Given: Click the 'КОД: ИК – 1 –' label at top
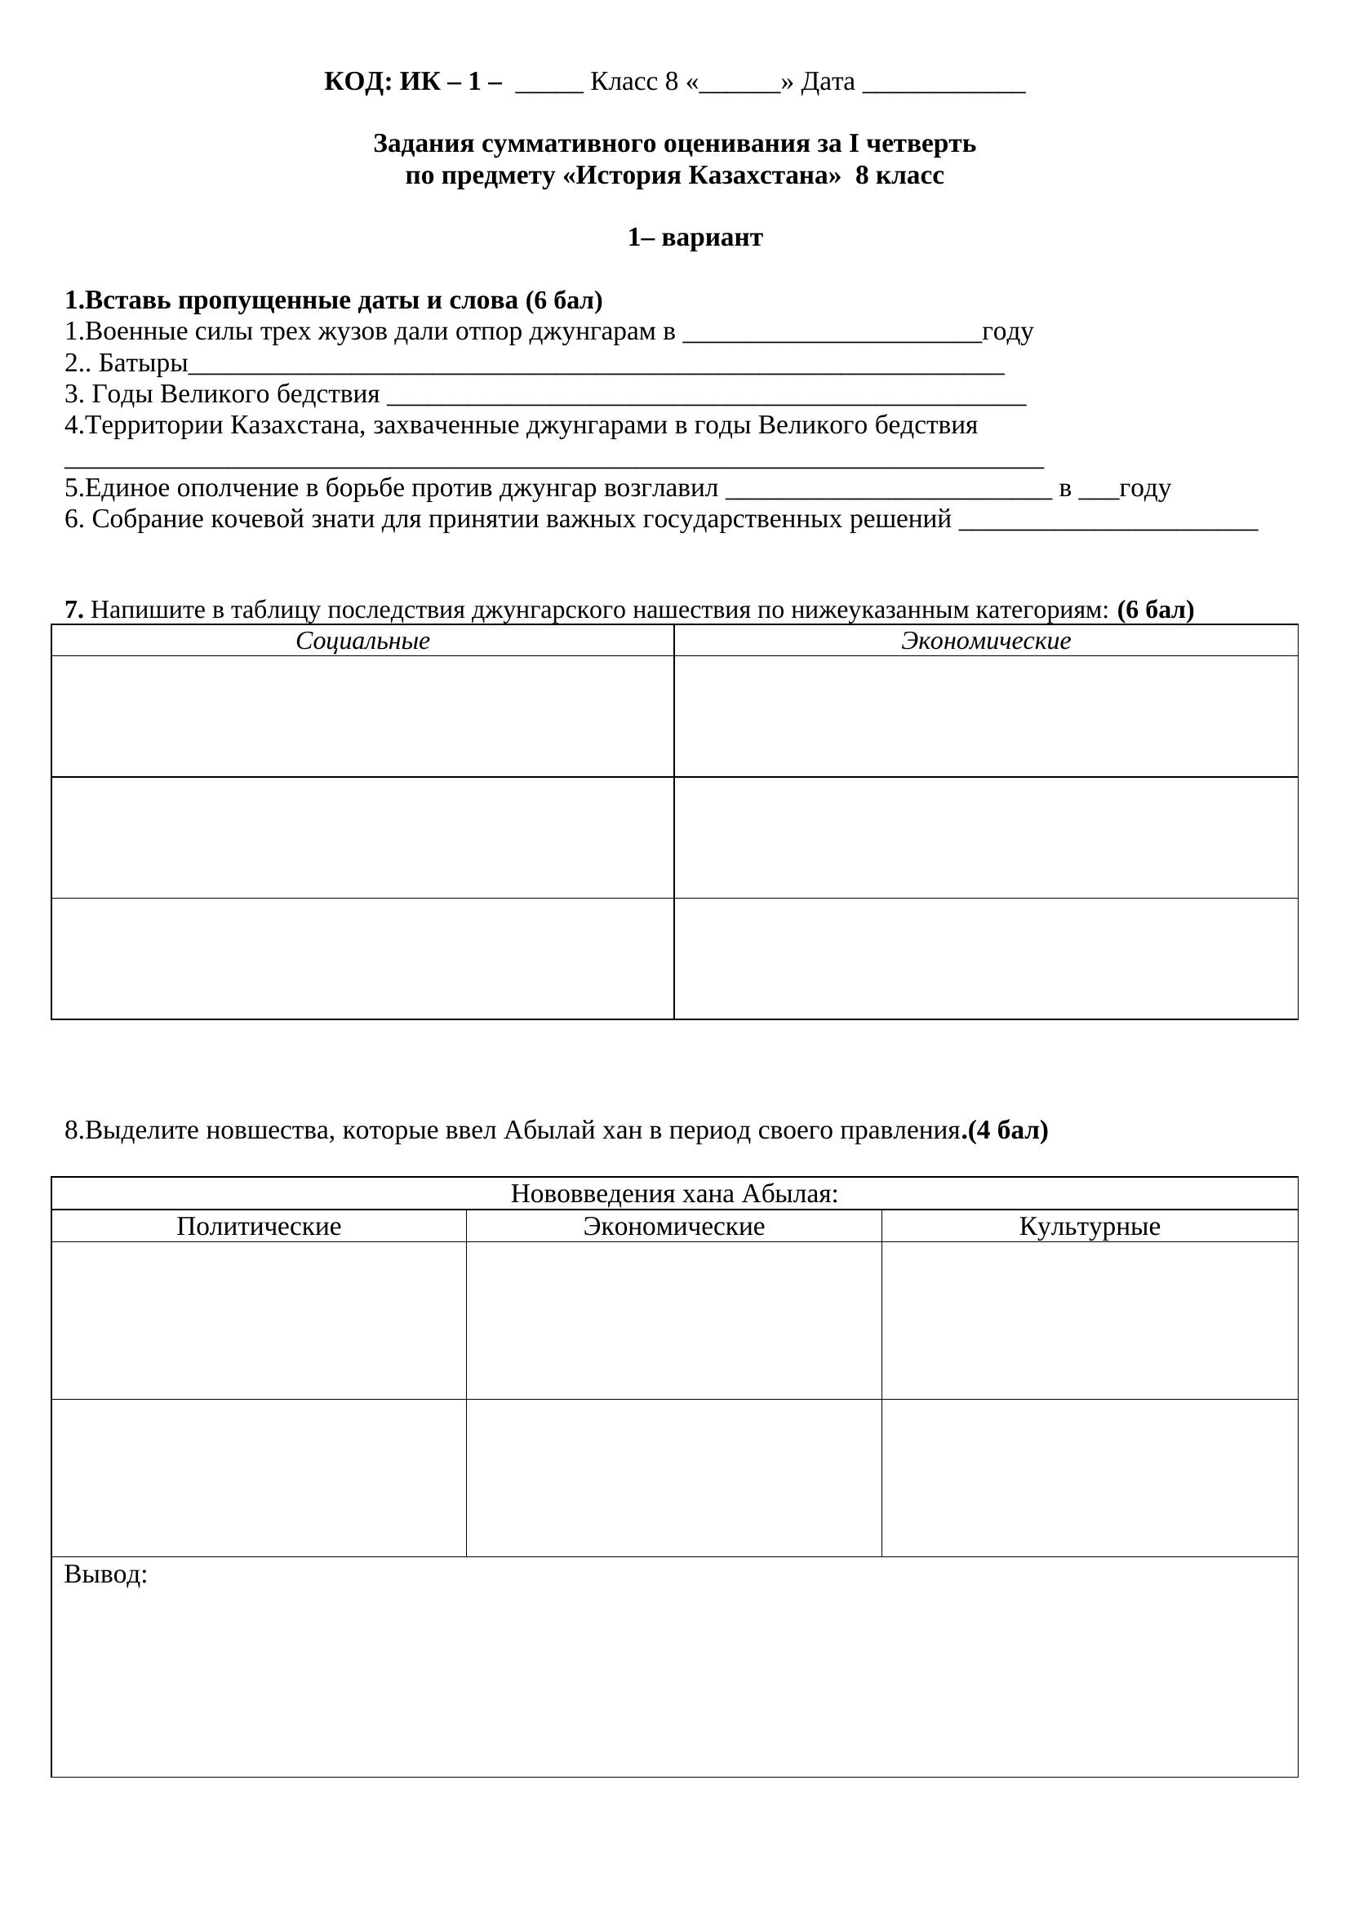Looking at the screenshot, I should click(x=412, y=82).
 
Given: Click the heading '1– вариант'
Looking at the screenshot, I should click(x=695, y=238).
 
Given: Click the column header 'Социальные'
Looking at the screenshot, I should click(x=362, y=641).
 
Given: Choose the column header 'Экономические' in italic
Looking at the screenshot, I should click(x=986, y=641).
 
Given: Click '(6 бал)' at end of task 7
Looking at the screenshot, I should click(x=1156, y=610).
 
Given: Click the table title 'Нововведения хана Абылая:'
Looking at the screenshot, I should click(x=674, y=1194).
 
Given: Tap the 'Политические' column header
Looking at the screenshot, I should click(x=259, y=1227).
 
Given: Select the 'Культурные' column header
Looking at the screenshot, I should click(x=1089, y=1227).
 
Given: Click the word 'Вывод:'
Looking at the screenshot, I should click(x=105, y=1574).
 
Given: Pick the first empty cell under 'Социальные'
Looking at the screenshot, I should click(x=362, y=716).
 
